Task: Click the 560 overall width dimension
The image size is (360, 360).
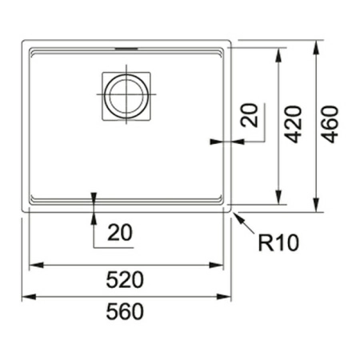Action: (x=125, y=312)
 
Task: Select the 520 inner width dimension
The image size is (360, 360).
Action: (x=125, y=280)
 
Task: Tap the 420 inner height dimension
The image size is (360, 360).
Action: (x=293, y=125)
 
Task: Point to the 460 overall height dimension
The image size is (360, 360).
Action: (x=330, y=125)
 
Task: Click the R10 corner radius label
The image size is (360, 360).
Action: (x=278, y=243)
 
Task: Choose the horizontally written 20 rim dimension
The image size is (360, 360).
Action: (x=120, y=233)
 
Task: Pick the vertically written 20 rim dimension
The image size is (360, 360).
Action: (x=250, y=115)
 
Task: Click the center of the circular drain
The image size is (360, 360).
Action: (x=126, y=94)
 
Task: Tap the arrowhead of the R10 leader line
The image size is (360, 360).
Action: (x=237, y=217)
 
